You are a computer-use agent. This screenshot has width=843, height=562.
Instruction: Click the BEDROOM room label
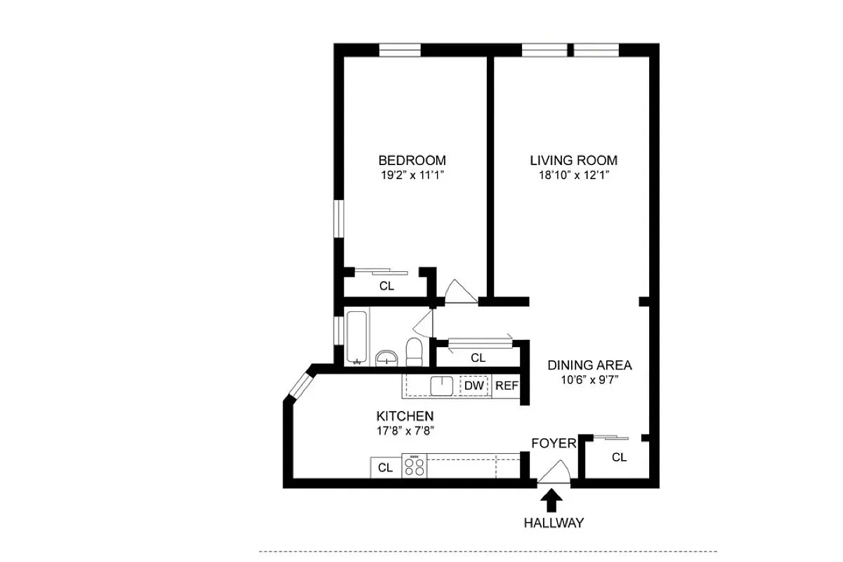pos(412,160)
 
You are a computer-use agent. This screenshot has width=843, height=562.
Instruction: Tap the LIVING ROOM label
pos(573,160)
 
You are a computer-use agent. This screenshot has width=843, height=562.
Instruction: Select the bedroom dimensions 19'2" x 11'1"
pos(412,176)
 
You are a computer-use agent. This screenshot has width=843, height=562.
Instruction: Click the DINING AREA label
pos(589,365)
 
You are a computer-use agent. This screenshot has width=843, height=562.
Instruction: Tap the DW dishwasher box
pos(473,386)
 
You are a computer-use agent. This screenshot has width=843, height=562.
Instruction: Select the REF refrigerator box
pos(507,386)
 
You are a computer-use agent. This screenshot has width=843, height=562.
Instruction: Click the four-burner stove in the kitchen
pos(414,466)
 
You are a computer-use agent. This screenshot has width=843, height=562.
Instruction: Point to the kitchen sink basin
pos(441,386)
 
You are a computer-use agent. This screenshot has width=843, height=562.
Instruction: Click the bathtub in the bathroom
pos(357,337)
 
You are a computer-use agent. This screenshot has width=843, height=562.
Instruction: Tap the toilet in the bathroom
pos(414,352)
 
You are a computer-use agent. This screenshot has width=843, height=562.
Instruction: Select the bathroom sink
pos(386,358)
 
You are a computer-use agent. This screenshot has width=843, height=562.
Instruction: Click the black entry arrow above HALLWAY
pos(551,500)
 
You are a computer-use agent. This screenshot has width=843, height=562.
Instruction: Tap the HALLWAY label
pos(554,523)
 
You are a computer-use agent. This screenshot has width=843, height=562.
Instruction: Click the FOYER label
pos(554,443)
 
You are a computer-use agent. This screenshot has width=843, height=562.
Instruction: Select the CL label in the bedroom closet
pos(386,286)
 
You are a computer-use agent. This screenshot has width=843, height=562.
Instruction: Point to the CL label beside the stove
pos(385,468)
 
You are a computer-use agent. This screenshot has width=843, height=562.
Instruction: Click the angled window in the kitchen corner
pos(299,384)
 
